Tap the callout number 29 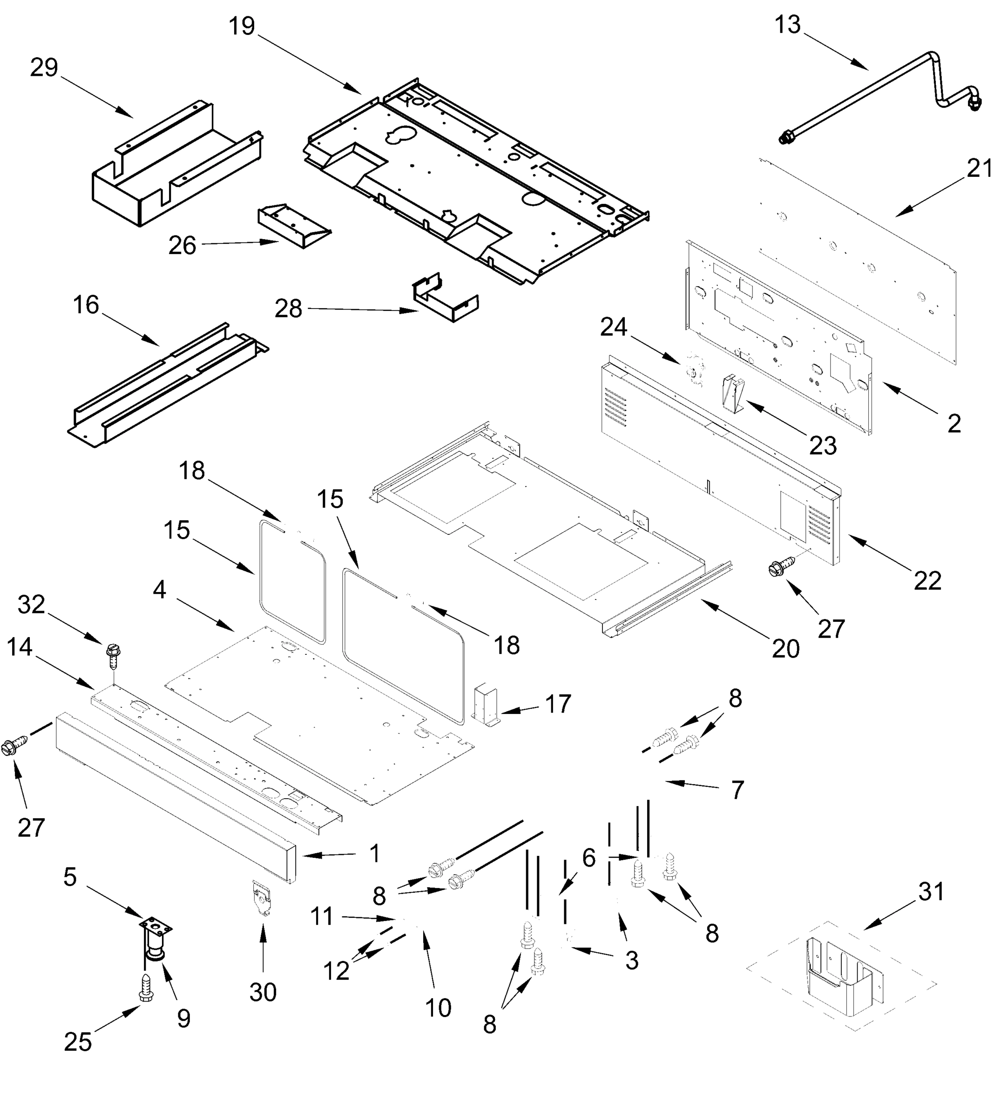(44, 67)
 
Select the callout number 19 (242, 26)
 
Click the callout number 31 (930, 891)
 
